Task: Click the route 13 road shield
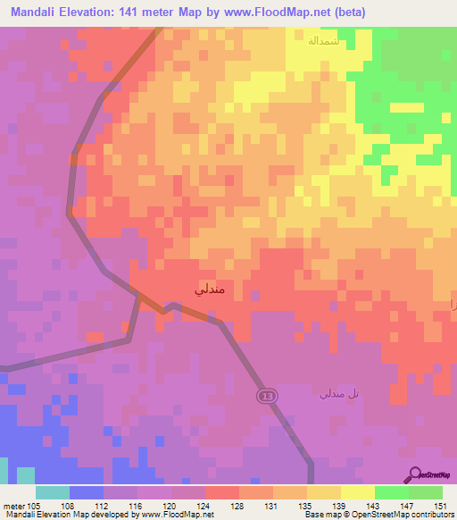[266, 395]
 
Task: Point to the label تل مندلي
[340, 393]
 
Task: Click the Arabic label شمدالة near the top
[321, 40]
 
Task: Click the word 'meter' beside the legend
[13, 505]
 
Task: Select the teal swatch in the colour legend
[53, 492]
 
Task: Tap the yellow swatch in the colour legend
[358, 492]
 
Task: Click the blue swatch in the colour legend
[87, 492]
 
